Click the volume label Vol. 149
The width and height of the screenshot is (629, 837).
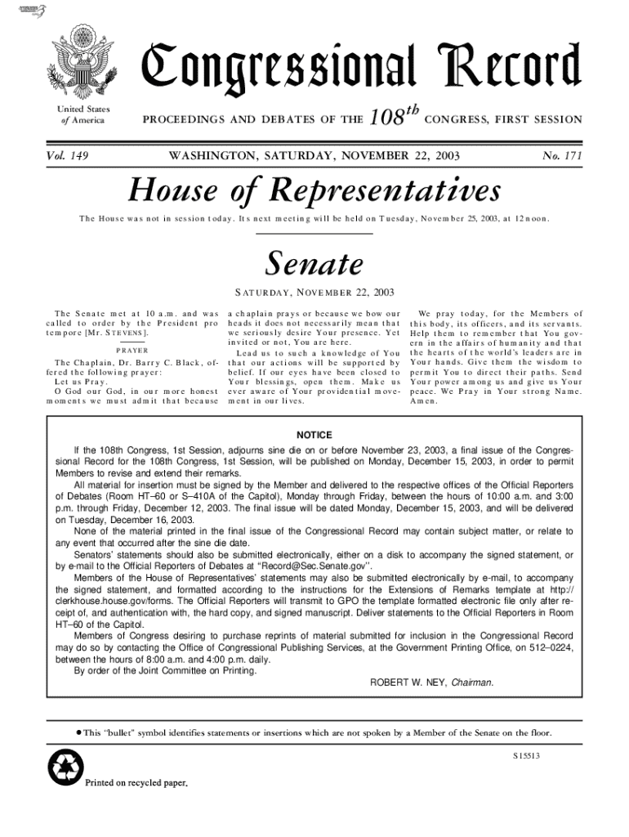pyautogui.click(x=69, y=154)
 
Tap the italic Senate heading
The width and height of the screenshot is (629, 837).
pyautogui.click(x=314, y=263)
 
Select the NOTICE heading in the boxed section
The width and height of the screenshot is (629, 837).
pyautogui.click(x=314, y=434)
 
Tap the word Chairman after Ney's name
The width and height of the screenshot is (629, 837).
pyautogui.click(x=472, y=682)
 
